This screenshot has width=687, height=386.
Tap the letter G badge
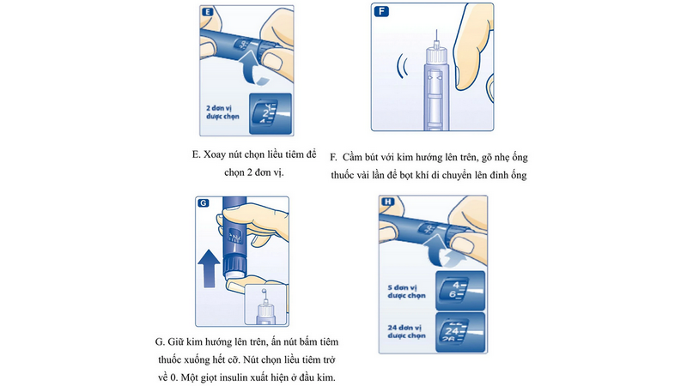[x=204, y=203]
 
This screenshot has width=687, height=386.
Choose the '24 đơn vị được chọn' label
[x=407, y=330]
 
